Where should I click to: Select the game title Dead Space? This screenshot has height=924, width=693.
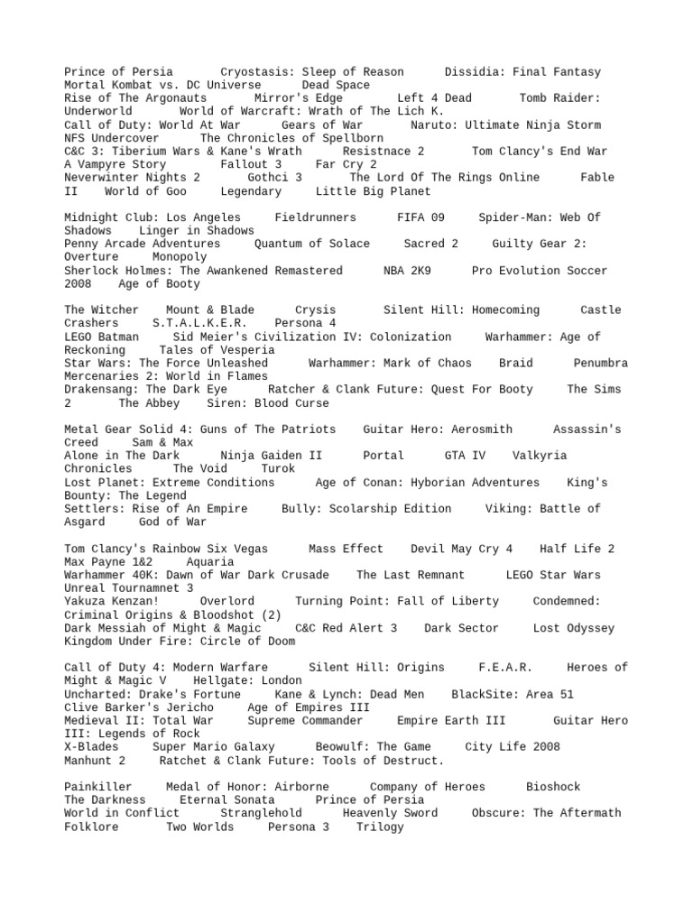coord(336,85)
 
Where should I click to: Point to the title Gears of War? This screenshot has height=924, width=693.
coord(322,125)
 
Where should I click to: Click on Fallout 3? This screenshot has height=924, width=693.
coord(251,164)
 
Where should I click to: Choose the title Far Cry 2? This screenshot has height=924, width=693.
coord(346,164)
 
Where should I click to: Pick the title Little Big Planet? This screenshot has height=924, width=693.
coord(373,191)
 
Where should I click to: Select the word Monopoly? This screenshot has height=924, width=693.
coord(180,257)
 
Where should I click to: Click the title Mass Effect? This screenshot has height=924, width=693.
coord(346,549)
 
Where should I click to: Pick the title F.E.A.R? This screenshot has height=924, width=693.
coord(505,668)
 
